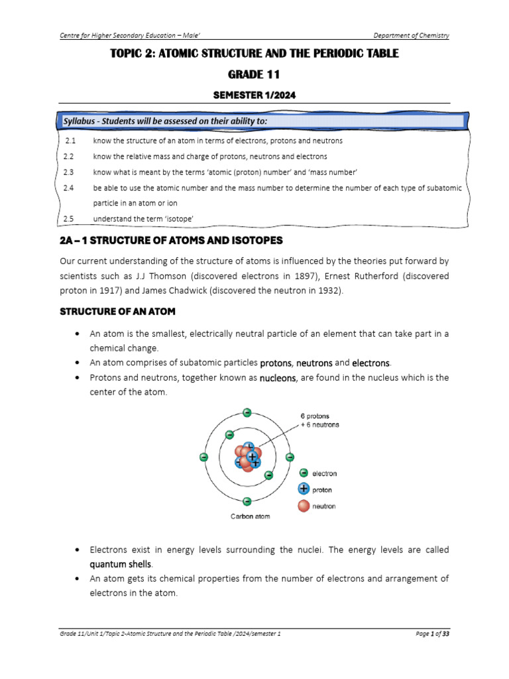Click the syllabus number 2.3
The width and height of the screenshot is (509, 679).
pyautogui.click(x=69, y=172)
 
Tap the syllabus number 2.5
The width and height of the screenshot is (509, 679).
pyautogui.click(x=69, y=218)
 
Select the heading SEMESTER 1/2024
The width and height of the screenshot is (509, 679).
pyautogui.click(x=254, y=95)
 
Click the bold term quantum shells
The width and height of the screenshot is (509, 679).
pyautogui.click(x=121, y=564)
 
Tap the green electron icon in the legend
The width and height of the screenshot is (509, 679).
pyautogui.click(x=304, y=473)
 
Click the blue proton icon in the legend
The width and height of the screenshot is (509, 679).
pyautogui.click(x=304, y=489)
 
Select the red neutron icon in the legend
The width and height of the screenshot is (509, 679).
pyautogui.click(x=304, y=506)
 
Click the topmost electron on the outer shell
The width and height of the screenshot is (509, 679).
pyautogui.click(x=247, y=412)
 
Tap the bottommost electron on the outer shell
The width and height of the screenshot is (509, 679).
pyautogui.click(x=247, y=501)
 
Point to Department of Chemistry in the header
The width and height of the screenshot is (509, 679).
pyautogui.click(x=411, y=35)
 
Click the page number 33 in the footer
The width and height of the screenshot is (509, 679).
pyautogui.click(x=445, y=634)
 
